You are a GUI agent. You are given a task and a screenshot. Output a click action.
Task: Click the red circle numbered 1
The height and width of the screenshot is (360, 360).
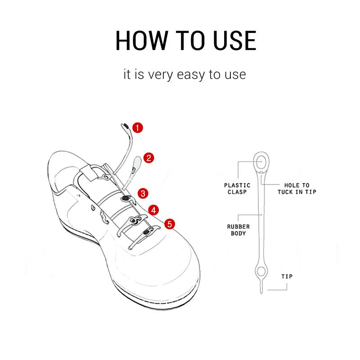[x=138, y=127]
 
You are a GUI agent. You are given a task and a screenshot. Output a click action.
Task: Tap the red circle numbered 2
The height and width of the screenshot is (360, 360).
[x=149, y=157]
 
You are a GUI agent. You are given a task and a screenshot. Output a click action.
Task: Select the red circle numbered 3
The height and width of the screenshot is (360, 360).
[x=143, y=193]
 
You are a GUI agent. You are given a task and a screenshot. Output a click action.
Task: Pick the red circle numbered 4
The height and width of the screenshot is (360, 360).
[x=154, y=210]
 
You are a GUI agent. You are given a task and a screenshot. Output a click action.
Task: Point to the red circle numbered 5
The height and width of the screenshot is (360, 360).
[x=169, y=224]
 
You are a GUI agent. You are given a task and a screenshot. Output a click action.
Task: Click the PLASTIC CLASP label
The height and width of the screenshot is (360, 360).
[x=237, y=188]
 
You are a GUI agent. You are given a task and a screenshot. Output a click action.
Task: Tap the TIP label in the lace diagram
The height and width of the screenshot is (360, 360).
[x=287, y=276]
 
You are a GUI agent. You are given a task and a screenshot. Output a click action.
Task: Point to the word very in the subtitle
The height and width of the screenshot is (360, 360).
[x=156, y=75]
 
